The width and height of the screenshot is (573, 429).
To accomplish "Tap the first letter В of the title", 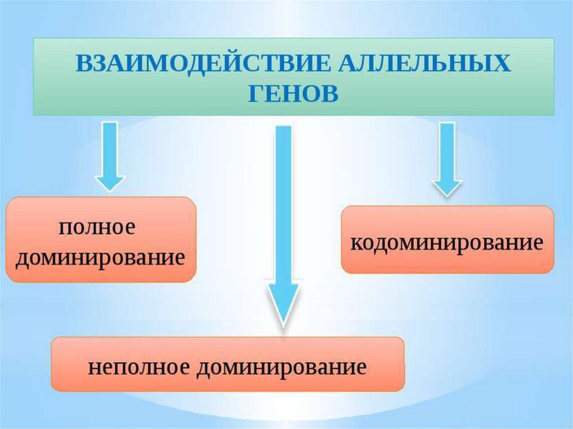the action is click(x=82, y=63).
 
